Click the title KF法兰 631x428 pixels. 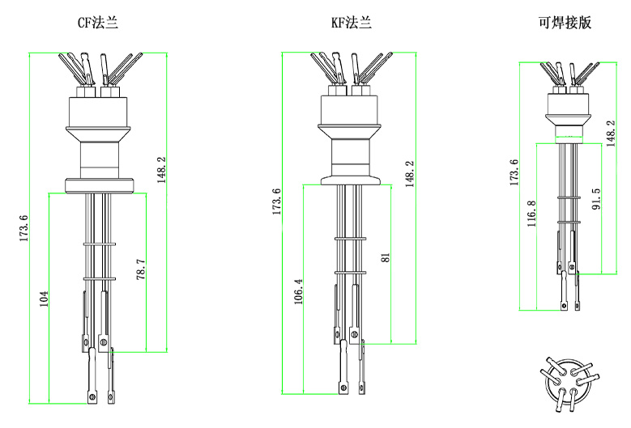(x=352, y=23)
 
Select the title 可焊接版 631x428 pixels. (x=565, y=23)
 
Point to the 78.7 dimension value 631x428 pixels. (x=141, y=269)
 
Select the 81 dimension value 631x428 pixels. (x=386, y=256)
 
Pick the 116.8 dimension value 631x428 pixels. (x=531, y=214)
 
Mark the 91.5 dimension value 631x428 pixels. (x=596, y=200)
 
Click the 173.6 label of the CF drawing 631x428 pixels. (x=23, y=229)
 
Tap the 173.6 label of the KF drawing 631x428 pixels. (x=276, y=202)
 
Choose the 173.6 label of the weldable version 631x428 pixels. (x=513, y=172)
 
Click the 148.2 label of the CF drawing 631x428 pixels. (x=162, y=171)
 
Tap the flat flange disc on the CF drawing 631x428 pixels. (x=97, y=185)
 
